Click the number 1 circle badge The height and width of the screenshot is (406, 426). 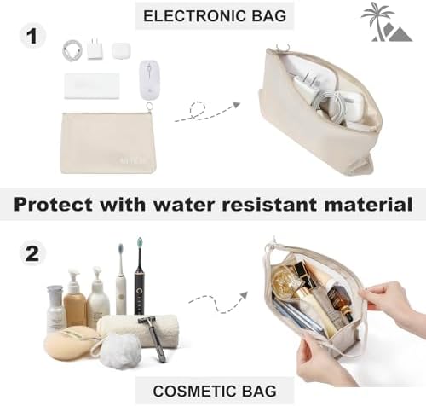click(32, 37)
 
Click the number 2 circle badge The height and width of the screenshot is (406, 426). click(32, 253)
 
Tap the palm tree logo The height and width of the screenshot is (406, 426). click(386, 22)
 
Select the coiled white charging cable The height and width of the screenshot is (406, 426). click(72, 50)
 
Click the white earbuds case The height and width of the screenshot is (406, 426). click(121, 50)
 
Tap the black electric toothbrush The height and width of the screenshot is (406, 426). click(139, 277)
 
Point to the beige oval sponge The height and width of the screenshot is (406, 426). click(70, 343)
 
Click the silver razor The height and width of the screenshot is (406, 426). click(153, 339)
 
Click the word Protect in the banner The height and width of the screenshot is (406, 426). click(54, 204)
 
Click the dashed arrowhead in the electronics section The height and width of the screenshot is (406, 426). click(236, 105)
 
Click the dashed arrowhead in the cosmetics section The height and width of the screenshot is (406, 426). click(244, 295)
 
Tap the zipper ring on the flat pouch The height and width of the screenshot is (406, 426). click(148, 106)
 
